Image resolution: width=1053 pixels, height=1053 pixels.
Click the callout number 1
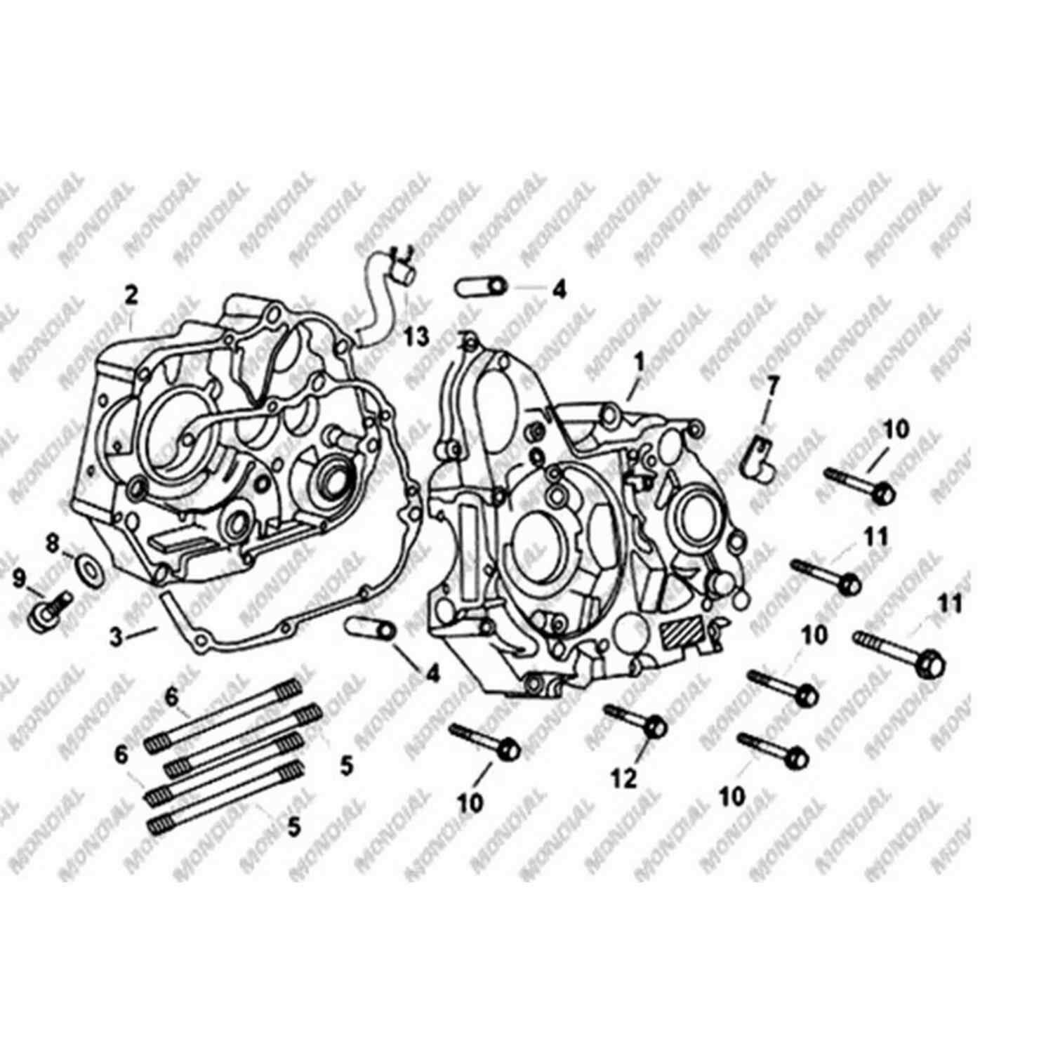[x=639, y=362]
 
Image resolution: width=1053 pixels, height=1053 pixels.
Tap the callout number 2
[x=131, y=296]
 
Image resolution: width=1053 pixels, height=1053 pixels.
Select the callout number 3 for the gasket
[x=117, y=637]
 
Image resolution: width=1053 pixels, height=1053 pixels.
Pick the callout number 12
[x=625, y=777]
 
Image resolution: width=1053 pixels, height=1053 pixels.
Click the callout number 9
[x=19, y=579]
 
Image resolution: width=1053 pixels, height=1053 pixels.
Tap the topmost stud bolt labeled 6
[x=223, y=714]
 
